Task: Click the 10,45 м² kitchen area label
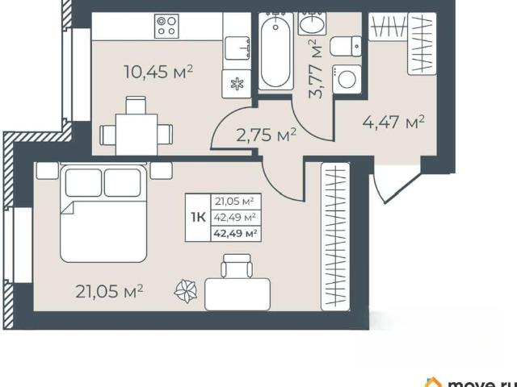(x=158, y=72)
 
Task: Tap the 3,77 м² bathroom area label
(x=315, y=69)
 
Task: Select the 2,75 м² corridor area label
(x=267, y=135)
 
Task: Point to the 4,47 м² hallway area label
(x=393, y=122)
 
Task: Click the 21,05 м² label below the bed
(x=109, y=291)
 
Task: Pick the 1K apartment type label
(x=198, y=218)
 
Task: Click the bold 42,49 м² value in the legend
(x=235, y=234)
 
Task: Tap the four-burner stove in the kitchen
(x=166, y=26)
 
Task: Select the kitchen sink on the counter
(x=237, y=48)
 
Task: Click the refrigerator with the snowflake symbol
(x=237, y=84)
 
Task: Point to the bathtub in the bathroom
(x=275, y=51)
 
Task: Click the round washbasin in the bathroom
(x=313, y=23)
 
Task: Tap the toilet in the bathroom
(x=346, y=47)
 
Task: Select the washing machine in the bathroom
(x=347, y=79)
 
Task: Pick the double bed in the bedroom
(x=103, y=213)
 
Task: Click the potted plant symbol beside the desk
(x=186, y=291)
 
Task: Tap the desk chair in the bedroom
(x=237, y=266)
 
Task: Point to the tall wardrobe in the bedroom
(x=335, y=236)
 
